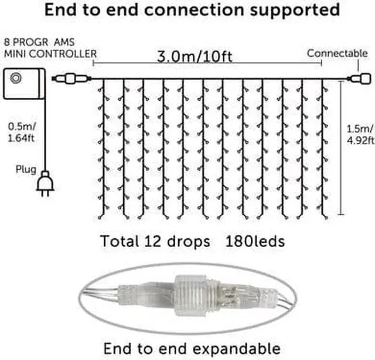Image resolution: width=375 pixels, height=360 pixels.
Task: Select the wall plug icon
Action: coord(44,183)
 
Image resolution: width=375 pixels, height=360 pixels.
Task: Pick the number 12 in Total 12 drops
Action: coord(158,241)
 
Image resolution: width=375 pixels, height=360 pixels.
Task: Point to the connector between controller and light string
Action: coord(72,78)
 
